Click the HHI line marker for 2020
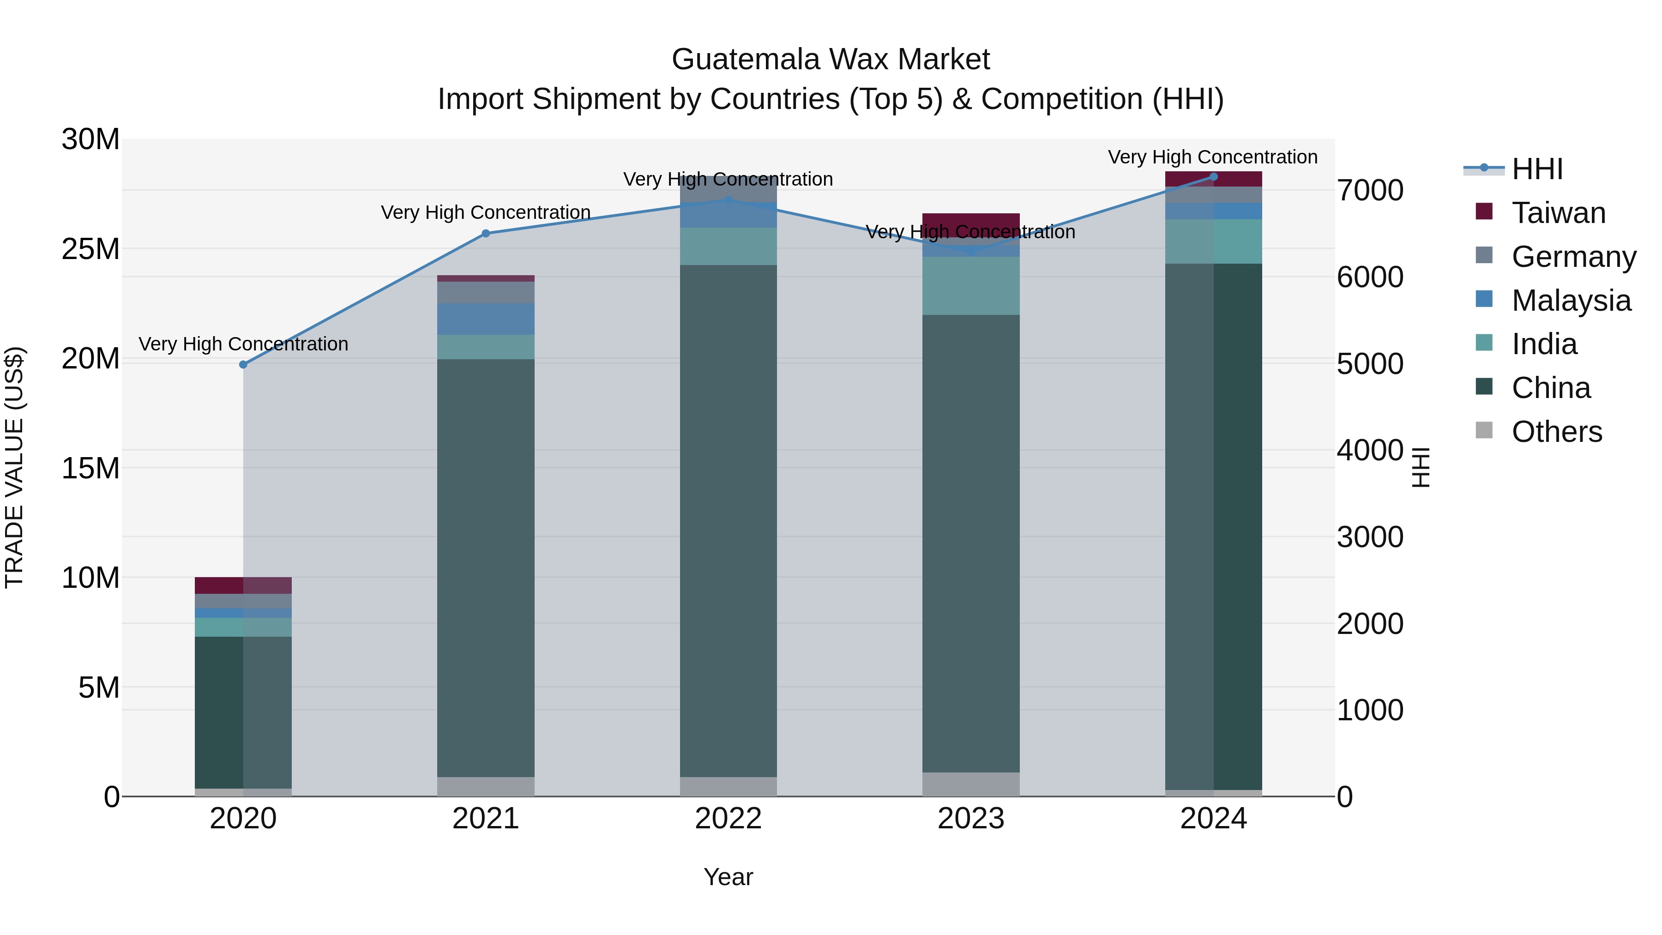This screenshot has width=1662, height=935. point(243,365)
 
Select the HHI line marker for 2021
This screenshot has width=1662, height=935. point(486,234)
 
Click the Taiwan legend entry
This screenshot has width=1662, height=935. point(1558,213)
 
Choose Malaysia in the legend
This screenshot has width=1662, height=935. point(1571,301)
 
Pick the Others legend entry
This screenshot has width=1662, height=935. point(1556,432)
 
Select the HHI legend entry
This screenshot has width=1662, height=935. point(1537,169)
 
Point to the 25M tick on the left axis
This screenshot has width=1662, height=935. point(90,249)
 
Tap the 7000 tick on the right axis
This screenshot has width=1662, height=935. point(1370,191)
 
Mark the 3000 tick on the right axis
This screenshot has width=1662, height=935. point(1370,537)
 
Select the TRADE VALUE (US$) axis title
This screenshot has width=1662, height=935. point(14,467)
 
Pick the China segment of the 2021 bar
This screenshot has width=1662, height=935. point(486,568)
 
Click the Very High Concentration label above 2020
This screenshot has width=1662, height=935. point(243,344)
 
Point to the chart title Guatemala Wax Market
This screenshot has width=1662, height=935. point(831,60)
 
